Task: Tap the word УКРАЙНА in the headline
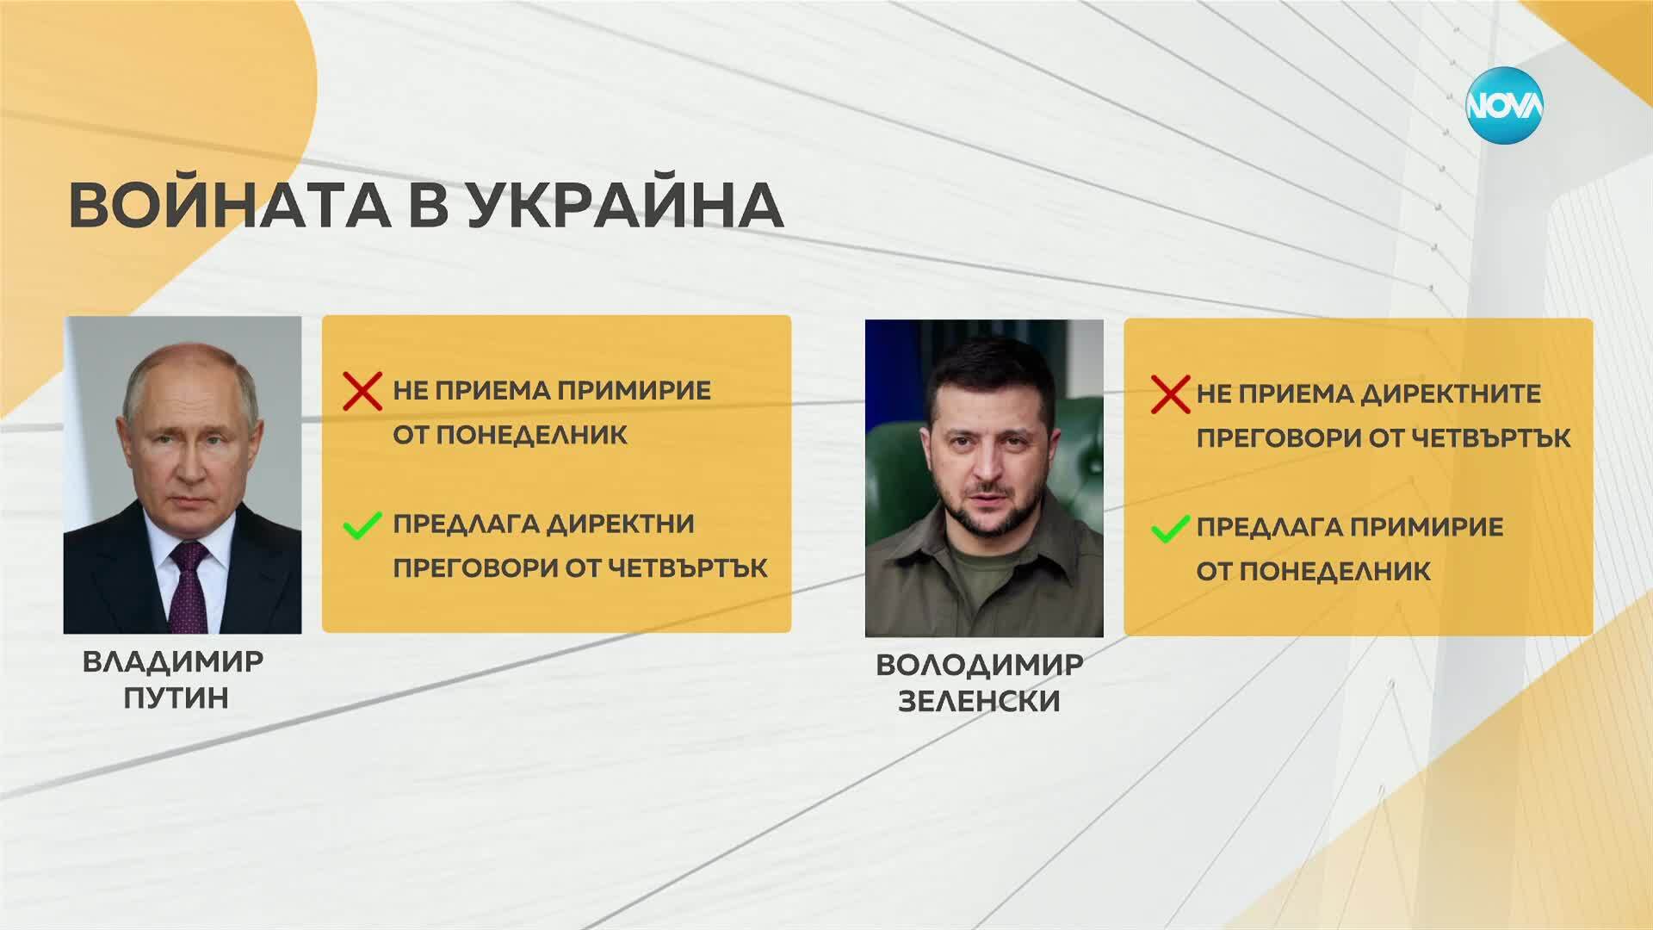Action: pos(626,205)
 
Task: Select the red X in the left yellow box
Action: pos(362,391)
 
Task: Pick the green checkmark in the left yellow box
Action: pos(362,524)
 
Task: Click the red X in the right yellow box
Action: pos(1171,394)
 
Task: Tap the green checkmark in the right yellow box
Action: pos(1170,528)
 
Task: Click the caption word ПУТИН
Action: pos(176,697)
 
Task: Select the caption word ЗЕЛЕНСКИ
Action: pos(979,701)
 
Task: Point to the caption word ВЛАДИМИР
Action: pos(173,661)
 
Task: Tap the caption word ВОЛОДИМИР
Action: pos(980,665)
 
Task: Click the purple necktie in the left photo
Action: pos(189,585)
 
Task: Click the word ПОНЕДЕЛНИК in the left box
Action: pos(532,435)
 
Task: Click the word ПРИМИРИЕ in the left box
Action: pos(631,391)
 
